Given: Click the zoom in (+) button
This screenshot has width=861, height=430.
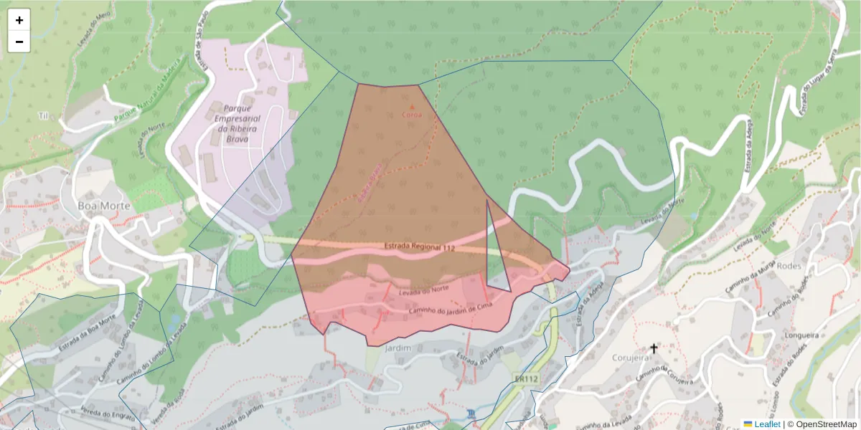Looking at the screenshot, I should tap(19, 20).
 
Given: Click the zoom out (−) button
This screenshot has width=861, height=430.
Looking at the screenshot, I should tap(19, 42).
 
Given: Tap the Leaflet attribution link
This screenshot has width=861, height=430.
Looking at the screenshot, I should tap(767, 424).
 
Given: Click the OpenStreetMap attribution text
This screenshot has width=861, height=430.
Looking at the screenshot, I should tap(826, 424).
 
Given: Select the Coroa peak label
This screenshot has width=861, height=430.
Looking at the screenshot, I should tap(412, 114).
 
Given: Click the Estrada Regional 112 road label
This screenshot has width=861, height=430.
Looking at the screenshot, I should tap(420, 247).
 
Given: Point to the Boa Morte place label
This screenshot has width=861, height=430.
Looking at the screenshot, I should tap(104, 206).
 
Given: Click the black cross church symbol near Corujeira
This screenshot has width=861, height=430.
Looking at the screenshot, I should tap(654, 349).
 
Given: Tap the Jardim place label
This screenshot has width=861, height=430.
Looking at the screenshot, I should tap(397, 348).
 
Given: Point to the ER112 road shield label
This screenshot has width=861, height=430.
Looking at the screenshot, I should tap(527, 378).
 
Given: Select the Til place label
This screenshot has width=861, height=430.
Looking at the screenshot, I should tap(43, 115).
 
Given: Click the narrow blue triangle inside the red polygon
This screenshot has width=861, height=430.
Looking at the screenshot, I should tap(496, 265).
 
